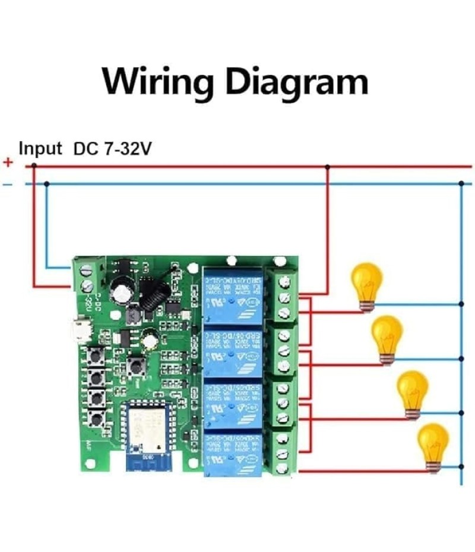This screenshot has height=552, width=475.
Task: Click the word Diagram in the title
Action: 295,82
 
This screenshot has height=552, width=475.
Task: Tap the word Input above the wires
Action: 40,148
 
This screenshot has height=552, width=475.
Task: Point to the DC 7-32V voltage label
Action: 112,149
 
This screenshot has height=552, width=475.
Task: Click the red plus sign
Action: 8,163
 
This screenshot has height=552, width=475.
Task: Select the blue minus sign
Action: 7,185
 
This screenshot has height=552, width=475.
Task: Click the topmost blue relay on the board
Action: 232,295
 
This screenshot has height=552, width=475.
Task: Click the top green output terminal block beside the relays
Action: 283,295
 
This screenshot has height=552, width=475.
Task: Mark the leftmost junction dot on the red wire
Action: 34,166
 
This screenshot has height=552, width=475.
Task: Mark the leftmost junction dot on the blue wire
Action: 46,183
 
